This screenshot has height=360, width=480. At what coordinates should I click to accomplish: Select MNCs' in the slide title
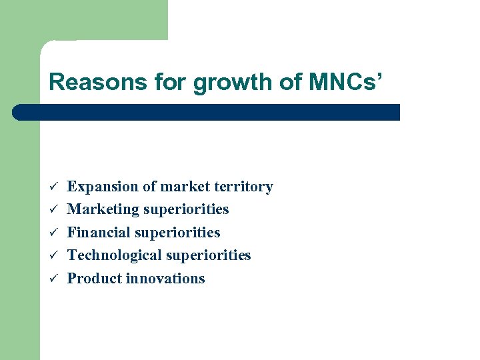point(345,83)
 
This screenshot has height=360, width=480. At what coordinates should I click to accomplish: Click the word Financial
point(99,233)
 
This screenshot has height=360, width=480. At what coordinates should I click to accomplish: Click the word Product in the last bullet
point(92,279)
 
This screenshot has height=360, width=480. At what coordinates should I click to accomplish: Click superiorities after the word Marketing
point(183,210)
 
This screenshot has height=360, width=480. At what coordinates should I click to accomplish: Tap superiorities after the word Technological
point(205,256)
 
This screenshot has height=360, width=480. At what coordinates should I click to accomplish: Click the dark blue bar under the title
point(207,112)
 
